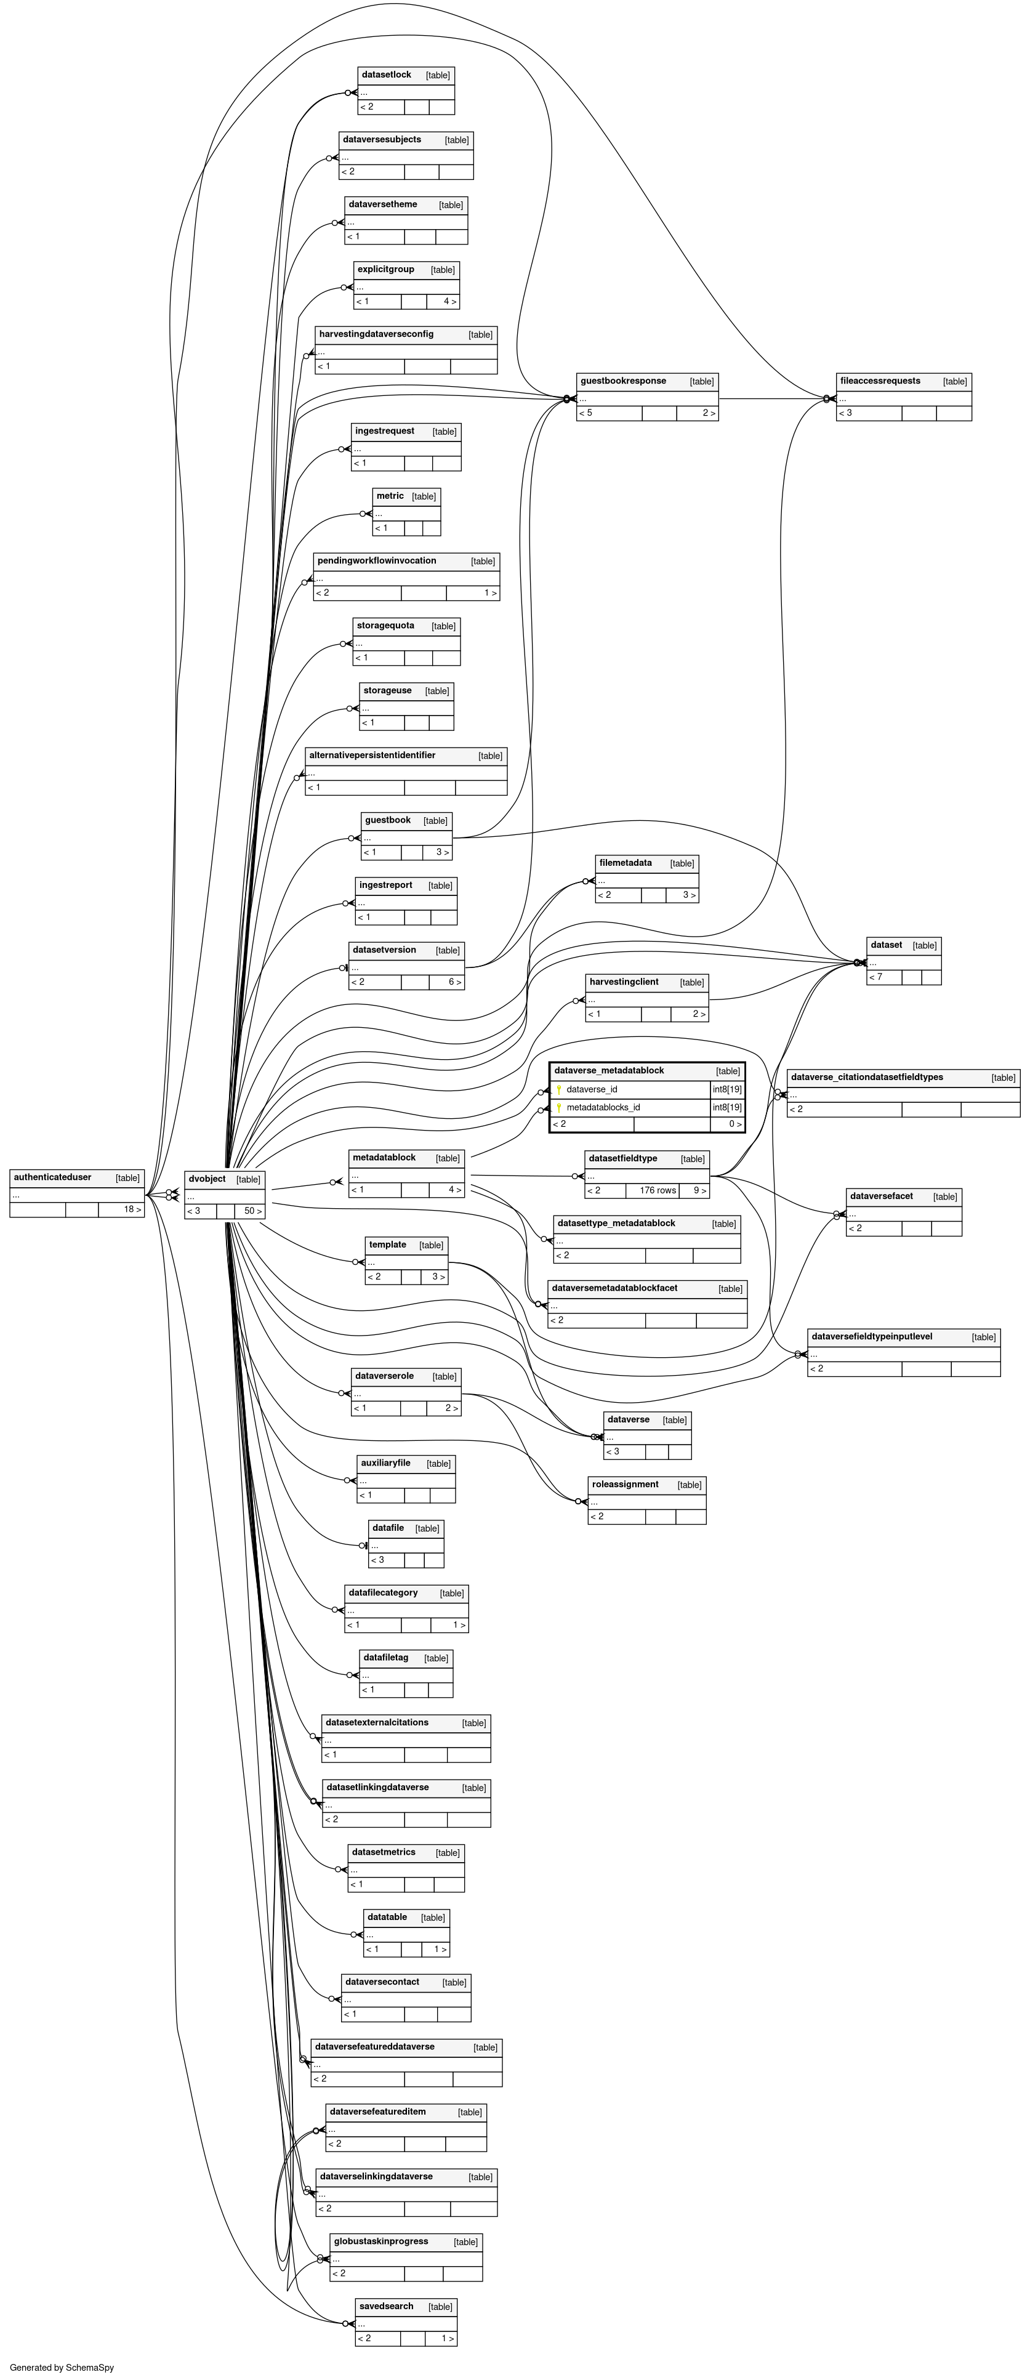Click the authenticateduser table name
point(53,1177)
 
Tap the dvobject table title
point(207,1179)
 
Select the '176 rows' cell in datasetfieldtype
point(657,1190)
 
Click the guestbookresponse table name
point(622,381)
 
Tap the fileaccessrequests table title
point(879,381)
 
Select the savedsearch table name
point(386,2306)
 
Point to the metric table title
point(390,496)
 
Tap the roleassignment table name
point(624,1484)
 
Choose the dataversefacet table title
point(880,1196)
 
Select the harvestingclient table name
point(624,981)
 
